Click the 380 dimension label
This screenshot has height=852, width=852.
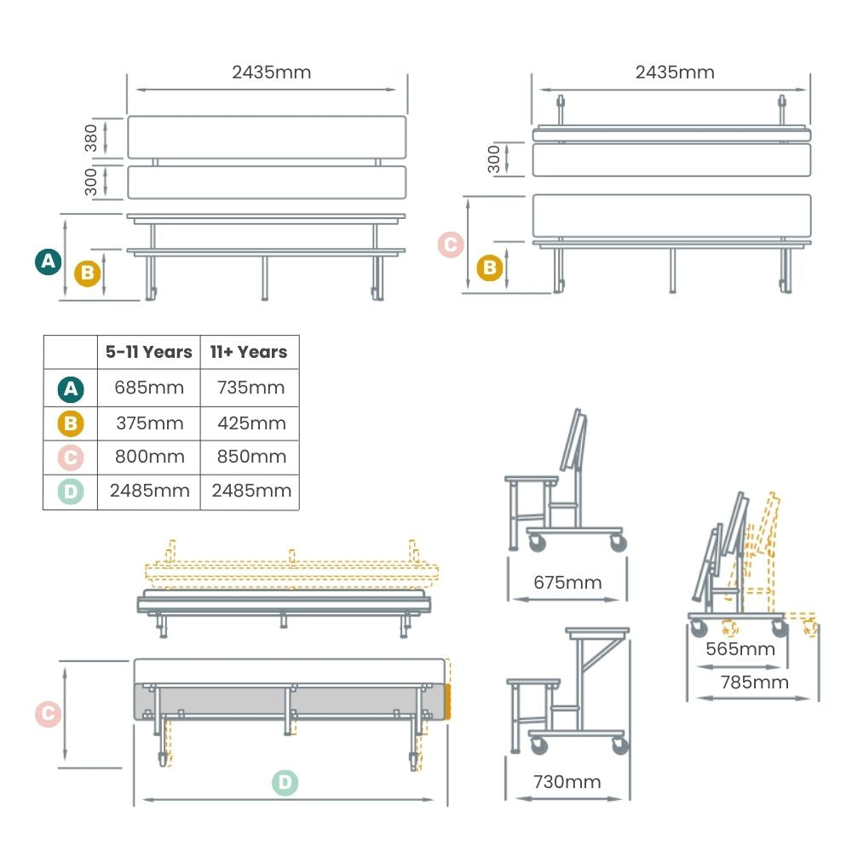91,138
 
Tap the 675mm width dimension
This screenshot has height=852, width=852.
567,583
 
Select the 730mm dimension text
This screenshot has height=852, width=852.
567,781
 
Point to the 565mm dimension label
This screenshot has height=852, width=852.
740,649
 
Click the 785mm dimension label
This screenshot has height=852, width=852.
754,682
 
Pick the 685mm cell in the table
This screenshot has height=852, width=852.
149,388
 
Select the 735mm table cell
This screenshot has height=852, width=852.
250,388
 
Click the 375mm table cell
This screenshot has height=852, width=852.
149,423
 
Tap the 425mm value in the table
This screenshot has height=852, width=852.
250,423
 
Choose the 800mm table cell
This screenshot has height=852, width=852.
149,457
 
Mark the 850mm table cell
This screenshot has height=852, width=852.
250,457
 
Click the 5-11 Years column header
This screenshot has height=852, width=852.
149,352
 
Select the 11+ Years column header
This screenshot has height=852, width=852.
250,352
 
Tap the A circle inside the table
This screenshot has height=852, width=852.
71,389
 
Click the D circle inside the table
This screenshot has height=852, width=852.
71,492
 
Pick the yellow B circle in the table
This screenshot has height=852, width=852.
71,423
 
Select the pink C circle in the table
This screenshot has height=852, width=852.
71,458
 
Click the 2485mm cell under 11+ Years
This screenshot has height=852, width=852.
250,491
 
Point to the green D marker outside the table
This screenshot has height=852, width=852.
285,782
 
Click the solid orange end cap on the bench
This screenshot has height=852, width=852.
446,701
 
